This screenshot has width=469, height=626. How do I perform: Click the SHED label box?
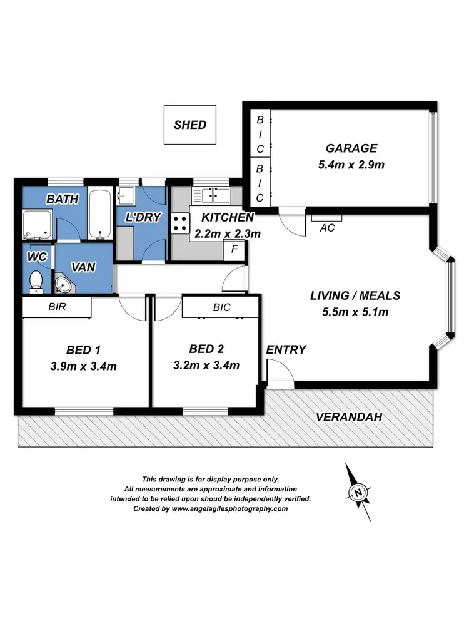point(190,125)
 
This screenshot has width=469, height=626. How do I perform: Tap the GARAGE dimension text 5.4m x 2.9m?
point(351,165)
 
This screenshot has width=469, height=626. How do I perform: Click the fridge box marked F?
point(235,249)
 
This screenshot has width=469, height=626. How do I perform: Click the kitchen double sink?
point(212,195)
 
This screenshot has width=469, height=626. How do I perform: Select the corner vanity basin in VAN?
point(64,285)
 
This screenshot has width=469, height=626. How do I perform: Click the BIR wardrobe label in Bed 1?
point(57,307)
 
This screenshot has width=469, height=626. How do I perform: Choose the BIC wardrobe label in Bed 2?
point(221,307)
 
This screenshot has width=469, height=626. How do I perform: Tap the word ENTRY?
point(286,350)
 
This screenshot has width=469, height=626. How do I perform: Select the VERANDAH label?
point(348,417)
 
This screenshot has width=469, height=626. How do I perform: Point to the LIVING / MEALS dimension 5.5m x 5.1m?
point(355,312)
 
